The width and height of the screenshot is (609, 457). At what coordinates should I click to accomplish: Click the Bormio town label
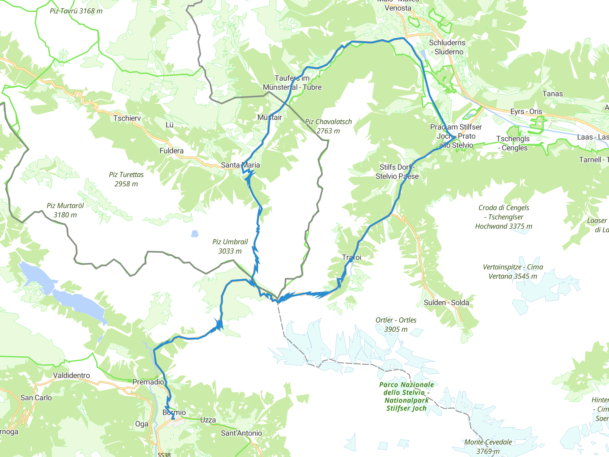pos(174,412)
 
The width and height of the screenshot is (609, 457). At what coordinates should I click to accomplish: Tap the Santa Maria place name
pos(240,165)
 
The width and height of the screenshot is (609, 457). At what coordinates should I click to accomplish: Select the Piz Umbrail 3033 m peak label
pos(230,246)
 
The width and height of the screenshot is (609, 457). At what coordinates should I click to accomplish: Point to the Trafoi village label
pos(351,257)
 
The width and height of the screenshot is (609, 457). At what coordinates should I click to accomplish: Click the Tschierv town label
pos(127,118)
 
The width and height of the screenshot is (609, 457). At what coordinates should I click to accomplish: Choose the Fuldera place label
pos(171,151)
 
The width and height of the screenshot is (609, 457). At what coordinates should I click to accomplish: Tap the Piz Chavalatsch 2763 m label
pos(328,126)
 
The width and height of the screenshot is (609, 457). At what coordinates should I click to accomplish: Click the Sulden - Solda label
pos(446,303)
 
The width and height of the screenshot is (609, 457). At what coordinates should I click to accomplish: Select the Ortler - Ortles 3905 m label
pos(396,325)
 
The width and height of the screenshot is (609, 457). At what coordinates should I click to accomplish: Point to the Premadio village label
pos(148,382)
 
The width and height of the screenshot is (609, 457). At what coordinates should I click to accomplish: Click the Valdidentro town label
pos(71,375)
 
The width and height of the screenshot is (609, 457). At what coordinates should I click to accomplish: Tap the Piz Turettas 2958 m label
pos(126,179)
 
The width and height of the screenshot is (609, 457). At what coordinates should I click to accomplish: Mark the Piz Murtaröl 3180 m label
pos(65,210)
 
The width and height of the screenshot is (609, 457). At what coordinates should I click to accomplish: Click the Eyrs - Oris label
pos(526,112)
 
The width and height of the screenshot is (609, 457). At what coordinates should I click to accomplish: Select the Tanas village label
pos(552,94)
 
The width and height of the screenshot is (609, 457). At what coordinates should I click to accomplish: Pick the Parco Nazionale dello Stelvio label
pos(406,396)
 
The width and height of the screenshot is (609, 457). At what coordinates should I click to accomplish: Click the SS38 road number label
pos(164,455)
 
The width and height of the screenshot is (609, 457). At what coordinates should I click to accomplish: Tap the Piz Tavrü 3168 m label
pos(76,11)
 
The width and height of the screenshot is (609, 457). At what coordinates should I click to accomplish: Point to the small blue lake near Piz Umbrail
pos(194,234)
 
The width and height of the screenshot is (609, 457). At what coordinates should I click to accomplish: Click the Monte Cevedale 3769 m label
pos(488,446)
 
